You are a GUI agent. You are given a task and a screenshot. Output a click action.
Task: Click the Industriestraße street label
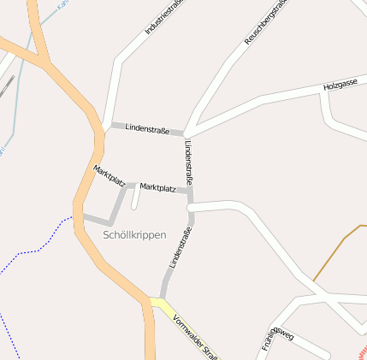coord(165,16)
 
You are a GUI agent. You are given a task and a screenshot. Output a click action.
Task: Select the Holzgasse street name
coord(340,86)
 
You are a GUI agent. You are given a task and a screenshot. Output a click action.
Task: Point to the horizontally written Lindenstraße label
coord(147,128)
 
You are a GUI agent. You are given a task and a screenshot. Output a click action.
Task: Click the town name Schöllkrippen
coord(134,233)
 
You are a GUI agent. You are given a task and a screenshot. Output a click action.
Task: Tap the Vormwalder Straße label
coord(196,339)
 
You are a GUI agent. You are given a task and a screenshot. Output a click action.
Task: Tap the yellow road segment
coord(165,307)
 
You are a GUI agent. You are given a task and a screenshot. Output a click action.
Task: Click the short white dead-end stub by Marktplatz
coord(134,198)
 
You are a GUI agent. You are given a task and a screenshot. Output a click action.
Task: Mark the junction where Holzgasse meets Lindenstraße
coord(186,133)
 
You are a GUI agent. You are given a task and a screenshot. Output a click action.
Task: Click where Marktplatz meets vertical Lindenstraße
coord(188,192)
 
